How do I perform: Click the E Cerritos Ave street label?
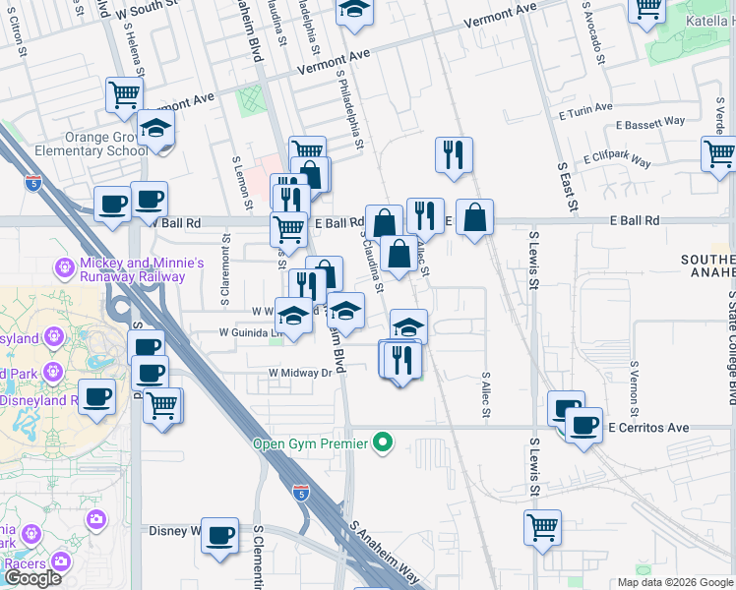[648, 429]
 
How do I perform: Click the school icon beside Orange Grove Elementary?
[155, 130]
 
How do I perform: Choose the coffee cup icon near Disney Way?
[219, 536]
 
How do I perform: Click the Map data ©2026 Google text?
[675, 582]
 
